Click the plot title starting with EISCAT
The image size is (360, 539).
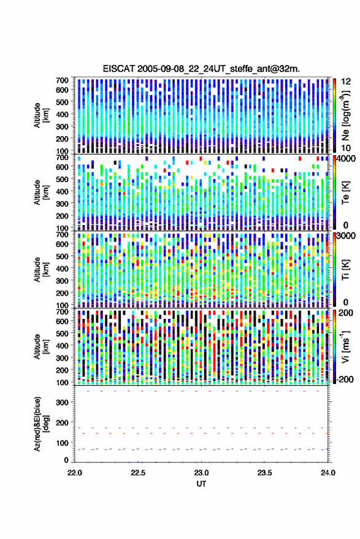click(202, 69)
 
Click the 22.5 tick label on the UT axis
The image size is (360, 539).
click(138, 473)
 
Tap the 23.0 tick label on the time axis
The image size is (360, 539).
click(201, 473)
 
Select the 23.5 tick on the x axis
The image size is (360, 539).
click(264, 473)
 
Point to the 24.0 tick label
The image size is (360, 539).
click(327, 473)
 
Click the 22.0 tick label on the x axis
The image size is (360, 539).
click(75, 473)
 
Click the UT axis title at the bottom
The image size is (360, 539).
click(202, 484)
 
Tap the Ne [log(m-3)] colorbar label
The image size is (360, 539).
click(345, 115)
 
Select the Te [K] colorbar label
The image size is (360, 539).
click(345, 193)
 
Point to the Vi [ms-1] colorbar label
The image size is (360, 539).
click(345, 346)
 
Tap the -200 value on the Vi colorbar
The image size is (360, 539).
click(345, 380)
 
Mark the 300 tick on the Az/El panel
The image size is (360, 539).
click(62, 402)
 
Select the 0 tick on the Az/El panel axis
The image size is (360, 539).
click(66, 460)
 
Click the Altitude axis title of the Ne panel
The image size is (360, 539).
click(41, 115)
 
